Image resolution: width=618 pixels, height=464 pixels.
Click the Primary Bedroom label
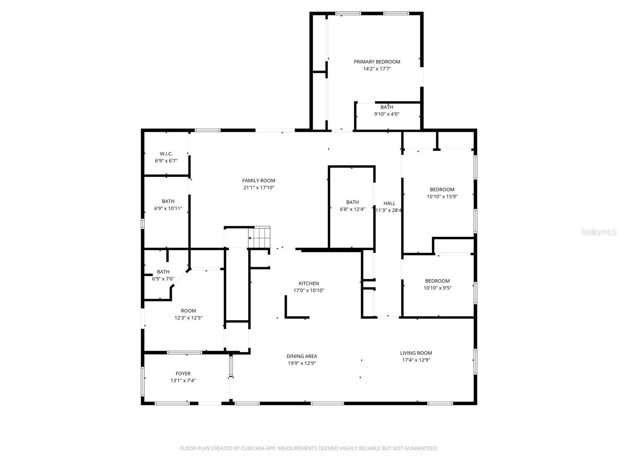[377, 62]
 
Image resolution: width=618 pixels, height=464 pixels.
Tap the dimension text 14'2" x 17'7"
[377, 69]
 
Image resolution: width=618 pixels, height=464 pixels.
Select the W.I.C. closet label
[166, 154]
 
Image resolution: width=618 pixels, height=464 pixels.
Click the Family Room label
[259, 181]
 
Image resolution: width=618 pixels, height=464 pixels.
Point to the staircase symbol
[259, 237]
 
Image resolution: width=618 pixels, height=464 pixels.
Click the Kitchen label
[309, 283]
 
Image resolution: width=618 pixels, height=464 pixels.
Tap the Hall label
[389, 203]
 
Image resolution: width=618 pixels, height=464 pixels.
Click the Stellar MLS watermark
[599, 232]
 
